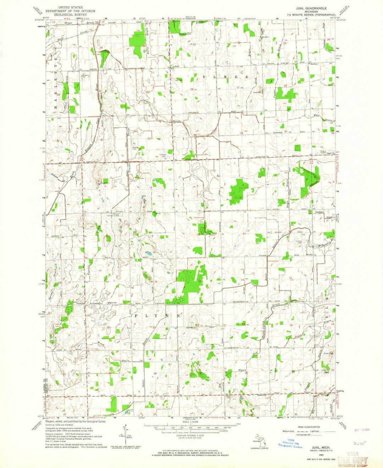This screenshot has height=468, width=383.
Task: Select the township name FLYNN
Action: pyautogui.click(x=157, y=315)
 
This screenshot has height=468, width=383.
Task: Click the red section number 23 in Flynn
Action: pyautogui.click(x=243, y=324)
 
